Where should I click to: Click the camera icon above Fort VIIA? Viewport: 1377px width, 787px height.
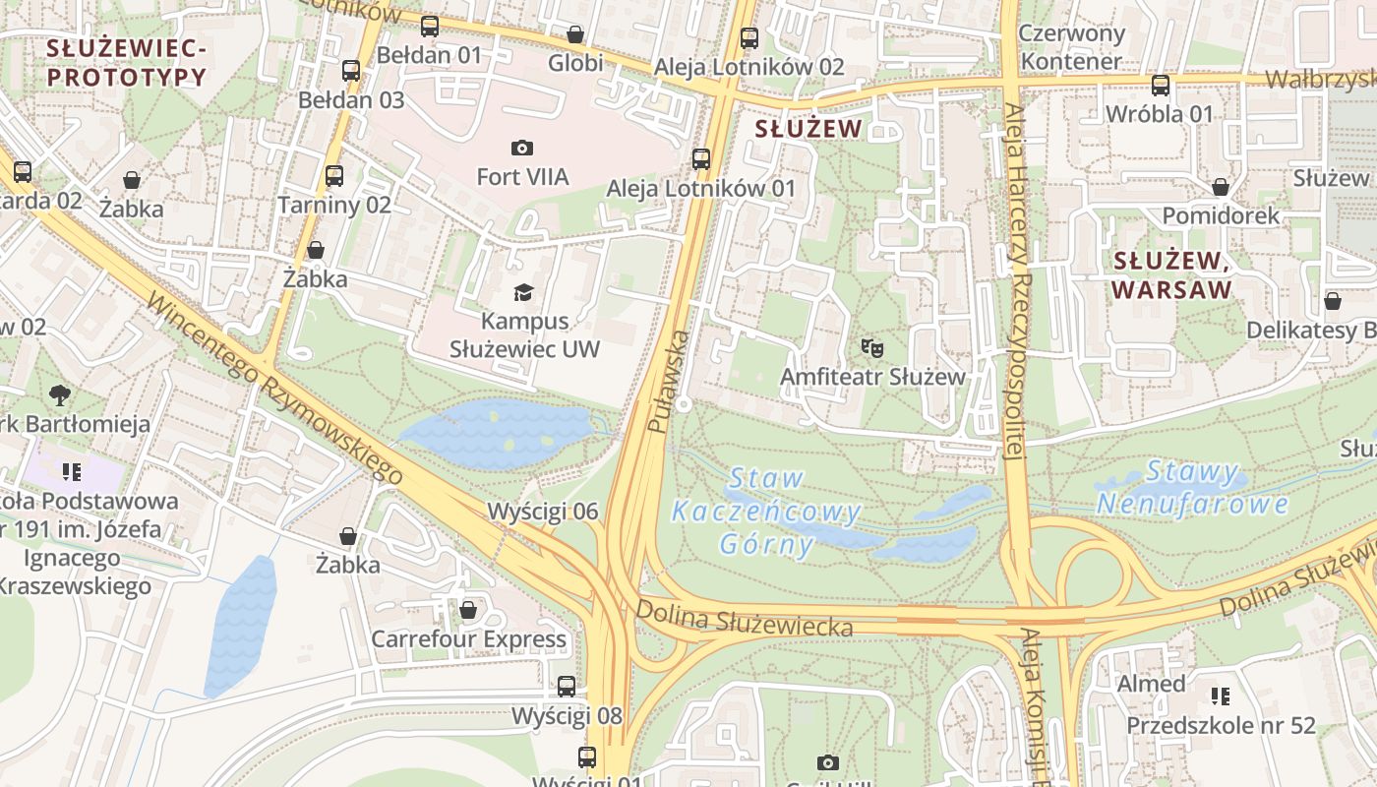[522, 148]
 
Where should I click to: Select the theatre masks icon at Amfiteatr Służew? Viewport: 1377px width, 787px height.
[871, 347]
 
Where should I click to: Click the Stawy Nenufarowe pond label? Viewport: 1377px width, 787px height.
[1192, 488]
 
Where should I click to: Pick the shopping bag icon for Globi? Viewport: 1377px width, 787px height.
[575, 34]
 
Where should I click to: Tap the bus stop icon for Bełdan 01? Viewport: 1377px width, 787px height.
[430, 27]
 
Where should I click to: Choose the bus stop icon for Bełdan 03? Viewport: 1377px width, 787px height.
[351, 71]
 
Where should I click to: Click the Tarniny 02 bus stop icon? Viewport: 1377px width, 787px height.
[334, 176]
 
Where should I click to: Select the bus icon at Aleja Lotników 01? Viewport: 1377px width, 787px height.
[701, 158]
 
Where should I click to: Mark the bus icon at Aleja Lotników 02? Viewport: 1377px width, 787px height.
[749, 38]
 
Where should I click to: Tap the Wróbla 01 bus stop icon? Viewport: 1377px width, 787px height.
[1161, 86]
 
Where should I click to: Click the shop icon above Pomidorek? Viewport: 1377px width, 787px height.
[1221, 187]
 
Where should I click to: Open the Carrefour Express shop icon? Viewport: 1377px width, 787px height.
[468, 610]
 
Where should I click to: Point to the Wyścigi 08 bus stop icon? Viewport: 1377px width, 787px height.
[567, 687]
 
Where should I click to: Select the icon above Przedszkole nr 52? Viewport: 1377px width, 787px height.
[1221, 696]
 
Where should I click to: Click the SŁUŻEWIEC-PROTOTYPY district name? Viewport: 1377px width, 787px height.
[126, 62]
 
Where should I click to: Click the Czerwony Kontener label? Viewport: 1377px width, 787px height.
[1071, 47]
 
